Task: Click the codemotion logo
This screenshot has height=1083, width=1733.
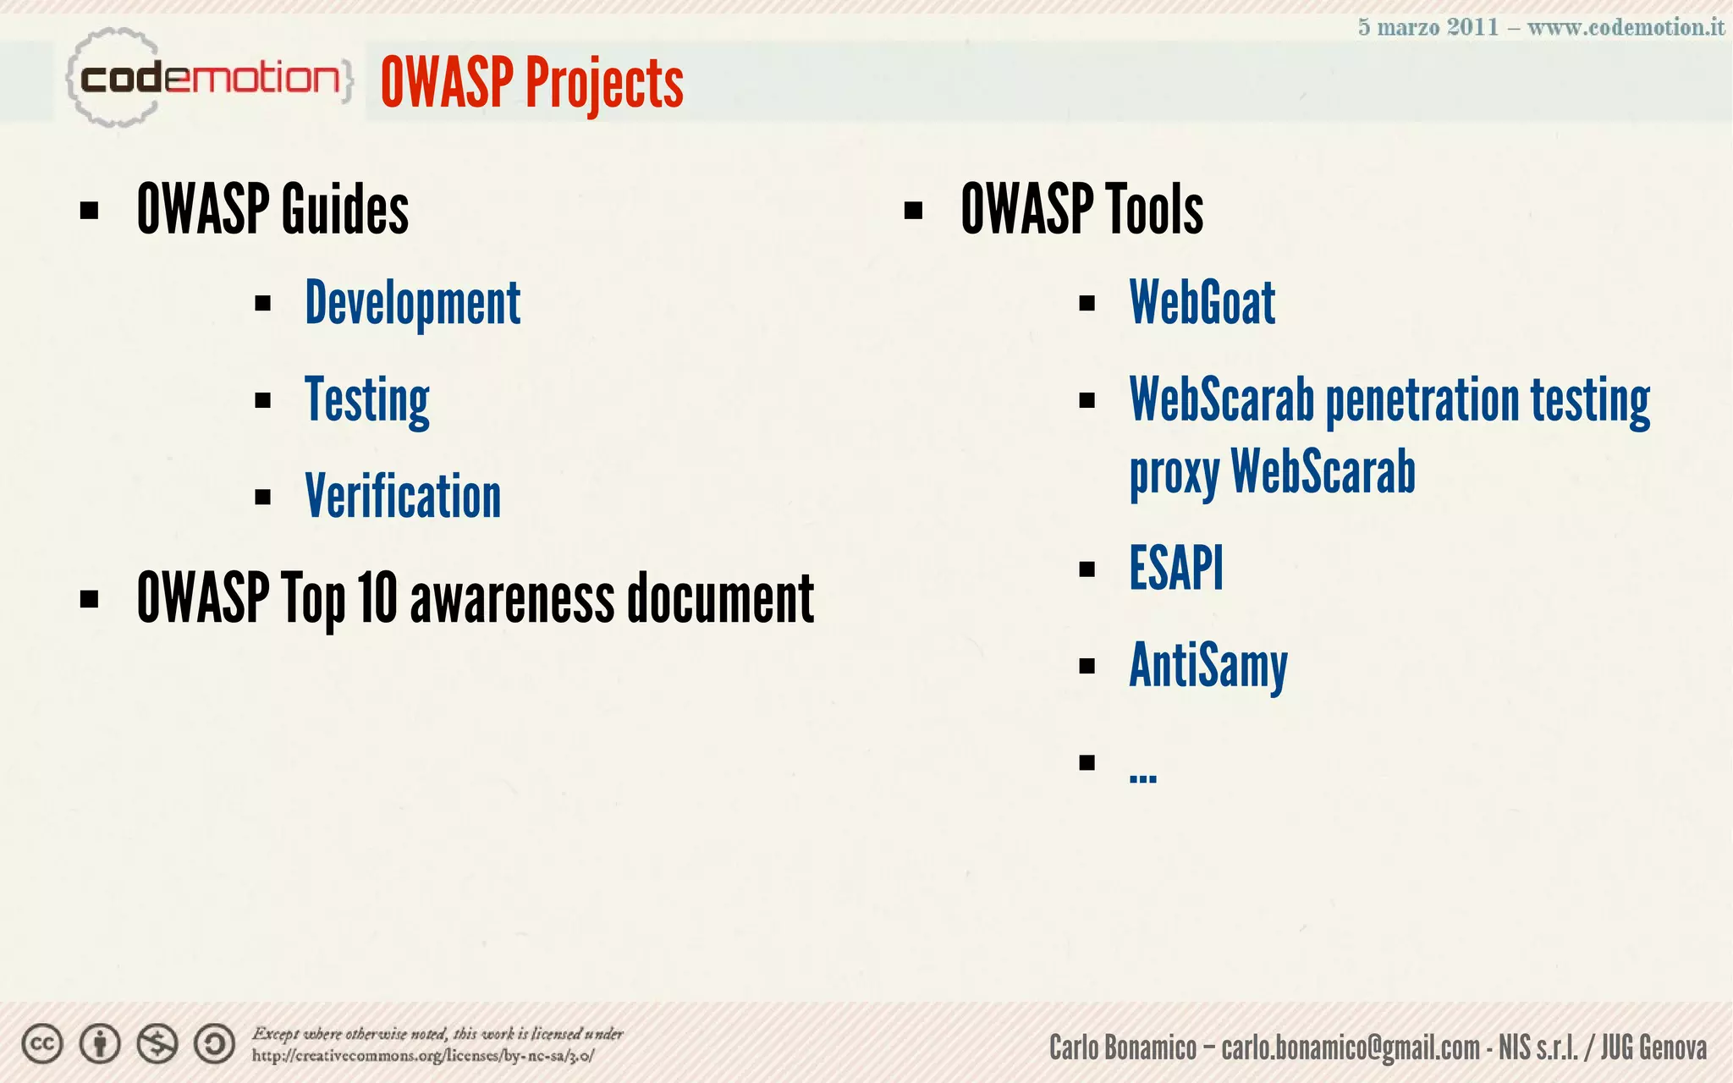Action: pyautogui.click(x=208, y=79)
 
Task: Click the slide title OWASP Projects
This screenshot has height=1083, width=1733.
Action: pyautogui.click(x=531, y=82)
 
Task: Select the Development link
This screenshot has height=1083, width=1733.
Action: pyautogui.click(x=412, y=303)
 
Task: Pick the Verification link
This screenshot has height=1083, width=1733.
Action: pyautogui.click(x=403, y=496)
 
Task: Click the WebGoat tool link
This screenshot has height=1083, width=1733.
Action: pyautogui.click(x=1202, y=303)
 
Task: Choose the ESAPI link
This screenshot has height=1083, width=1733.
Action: pyautogui.click(x=1176, y=568)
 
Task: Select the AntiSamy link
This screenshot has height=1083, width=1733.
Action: pyautogui.click(x=1208, y=666)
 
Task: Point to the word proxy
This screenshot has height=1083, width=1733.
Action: pyautogui.click(x=1174, y=472)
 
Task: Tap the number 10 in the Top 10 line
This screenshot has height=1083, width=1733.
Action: pyautogui.click(x=377, y=598)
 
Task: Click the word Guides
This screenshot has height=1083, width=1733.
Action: pyautogui.click(x=344, y=209)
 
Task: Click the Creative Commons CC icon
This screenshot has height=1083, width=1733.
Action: pyautogui.click(x=42, y=1044)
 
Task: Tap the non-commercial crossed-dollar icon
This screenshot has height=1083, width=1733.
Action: pyautogui.click(x=157, y=1044)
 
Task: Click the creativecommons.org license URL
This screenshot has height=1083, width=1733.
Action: pyautogui.click(x=422, y=1056)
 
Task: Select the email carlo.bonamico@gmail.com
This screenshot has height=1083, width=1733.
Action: pyautogui.click(x=1351, y=1047)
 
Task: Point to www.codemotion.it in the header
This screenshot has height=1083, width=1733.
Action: pyautogui.click(x=1625, y=27)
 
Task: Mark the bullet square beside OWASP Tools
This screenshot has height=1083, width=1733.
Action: pyautogui.click(x=913, y=210)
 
